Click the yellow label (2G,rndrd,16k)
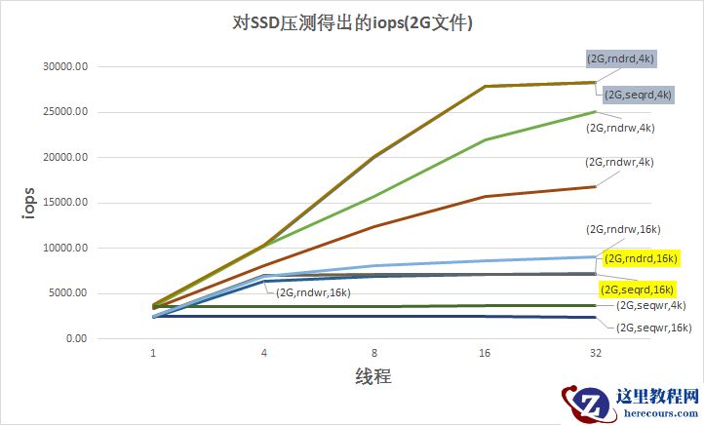(641, 258)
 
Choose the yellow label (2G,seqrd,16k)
(636, 289)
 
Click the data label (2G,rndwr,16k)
(314, 291)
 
